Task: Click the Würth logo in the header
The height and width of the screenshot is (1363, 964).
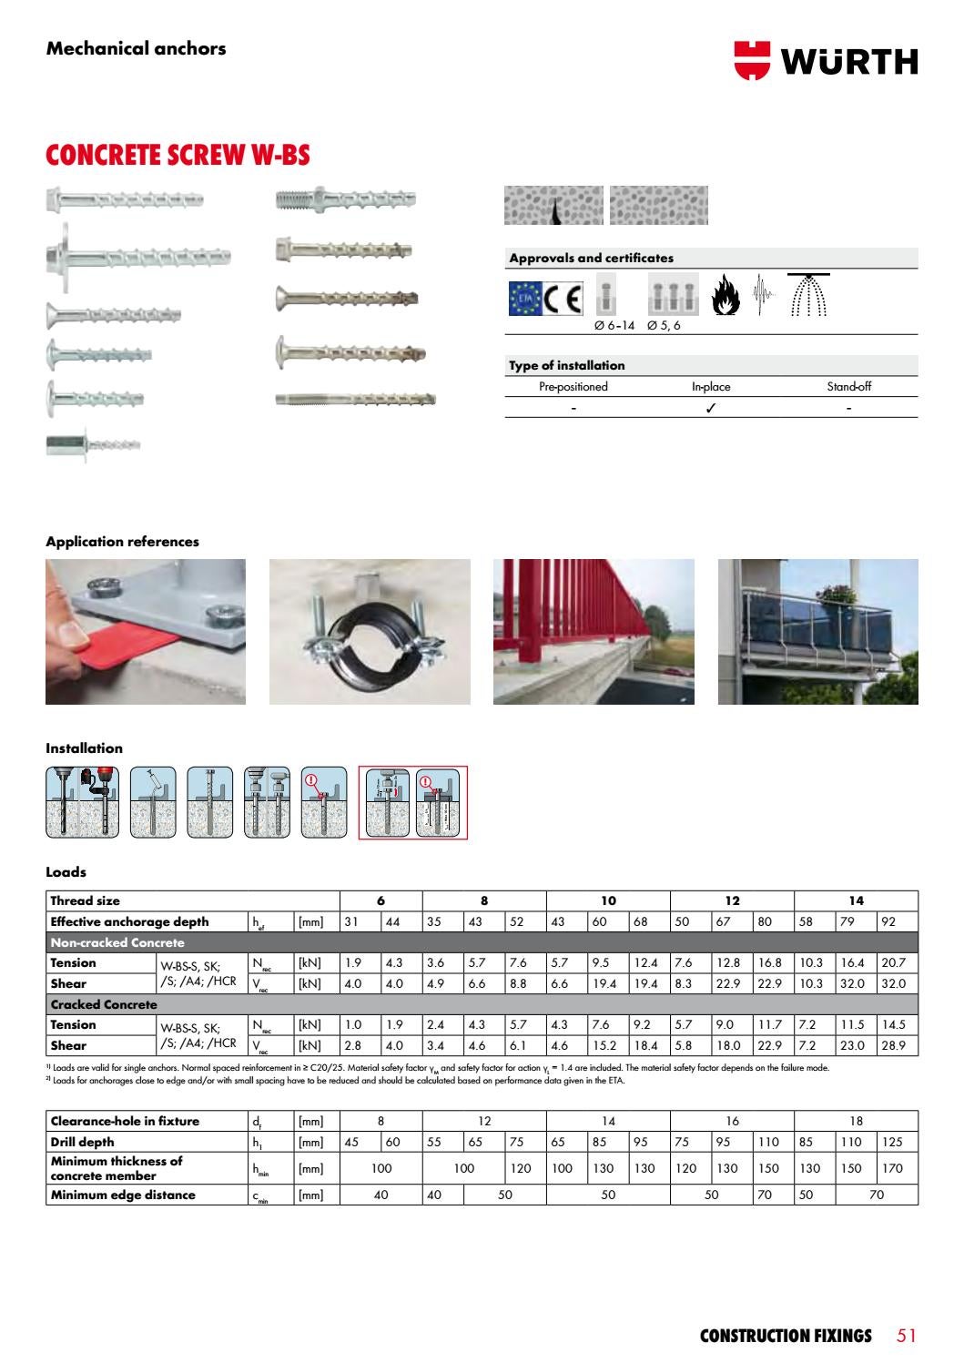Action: point(826,61)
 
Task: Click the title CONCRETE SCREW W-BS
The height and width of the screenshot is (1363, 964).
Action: point(178,156)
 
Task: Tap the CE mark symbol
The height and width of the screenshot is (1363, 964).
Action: point(563,299)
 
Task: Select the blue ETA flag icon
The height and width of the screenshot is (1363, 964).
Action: point(524,299)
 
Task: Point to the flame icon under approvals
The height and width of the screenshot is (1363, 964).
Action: point(726,296)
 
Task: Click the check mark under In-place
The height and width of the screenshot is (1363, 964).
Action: point(710,407)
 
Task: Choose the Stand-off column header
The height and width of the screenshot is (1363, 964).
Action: point(848,386)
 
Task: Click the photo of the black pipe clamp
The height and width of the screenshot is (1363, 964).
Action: point(370,631)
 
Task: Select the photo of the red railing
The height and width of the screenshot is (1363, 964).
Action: point(594,631)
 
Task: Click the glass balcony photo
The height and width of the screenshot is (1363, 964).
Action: point(817,631)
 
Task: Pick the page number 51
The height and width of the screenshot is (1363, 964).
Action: point(906,1336)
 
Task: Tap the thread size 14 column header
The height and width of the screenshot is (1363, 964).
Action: point(856,900)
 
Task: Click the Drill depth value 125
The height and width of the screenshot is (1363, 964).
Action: point(892,1142)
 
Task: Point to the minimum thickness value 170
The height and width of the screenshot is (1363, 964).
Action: point(892,1168)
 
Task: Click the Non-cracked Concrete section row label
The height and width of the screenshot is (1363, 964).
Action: point(117,942)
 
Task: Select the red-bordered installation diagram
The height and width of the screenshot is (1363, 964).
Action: point(412,802)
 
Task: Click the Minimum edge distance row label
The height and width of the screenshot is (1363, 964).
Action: point(123,1195)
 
